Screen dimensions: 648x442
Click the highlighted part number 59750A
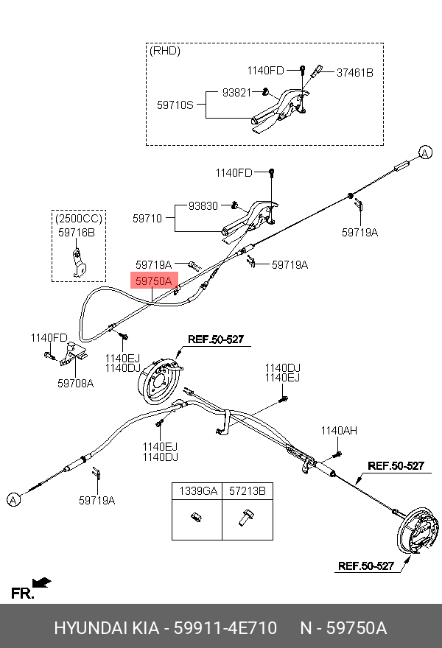[153, 281]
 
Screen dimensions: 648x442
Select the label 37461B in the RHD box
[355, 72]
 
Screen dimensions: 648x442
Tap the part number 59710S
[175, 105]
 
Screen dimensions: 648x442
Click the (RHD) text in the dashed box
[164, 52]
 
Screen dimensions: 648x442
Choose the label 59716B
[77, 232]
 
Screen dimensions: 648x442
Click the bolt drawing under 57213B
[245, 518]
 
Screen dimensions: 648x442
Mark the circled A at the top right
[425, 152]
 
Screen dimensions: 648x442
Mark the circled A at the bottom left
[13, 500]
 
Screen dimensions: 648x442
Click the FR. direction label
[22, 594]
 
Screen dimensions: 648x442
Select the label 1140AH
[338, 431]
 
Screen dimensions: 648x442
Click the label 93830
[203, 206]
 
